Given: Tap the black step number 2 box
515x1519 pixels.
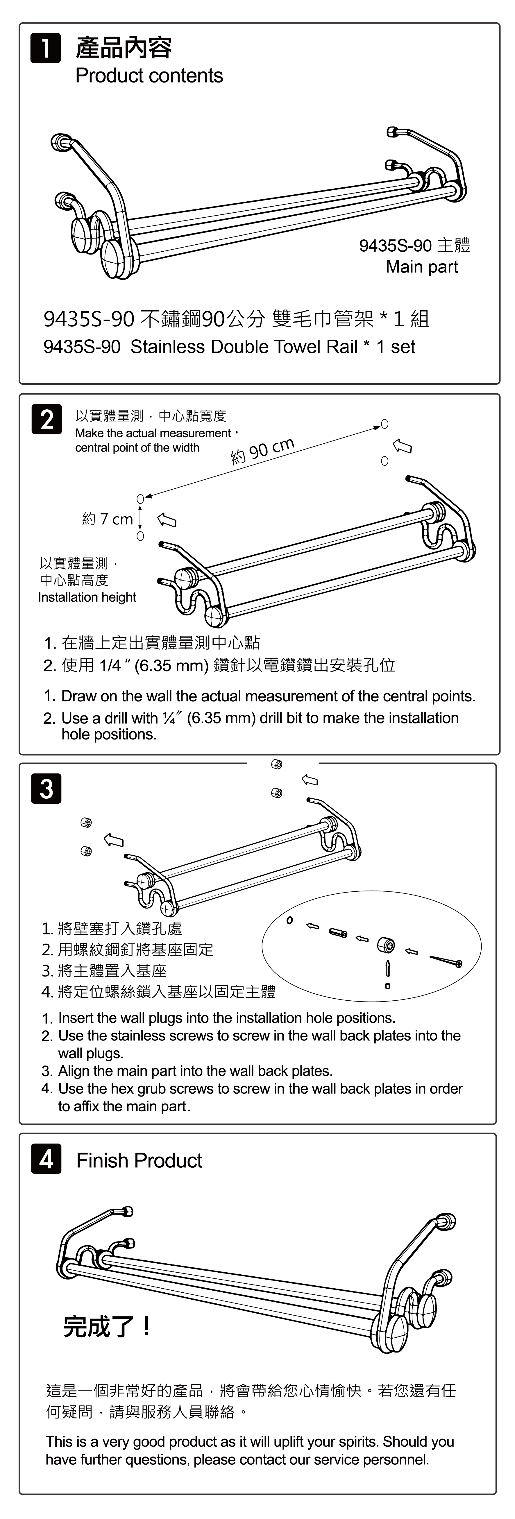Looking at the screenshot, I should [x=47, y=419].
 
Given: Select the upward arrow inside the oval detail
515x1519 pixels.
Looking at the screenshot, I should [x=388, y=968].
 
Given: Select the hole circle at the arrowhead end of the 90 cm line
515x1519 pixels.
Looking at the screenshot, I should [x=385, y=423].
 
